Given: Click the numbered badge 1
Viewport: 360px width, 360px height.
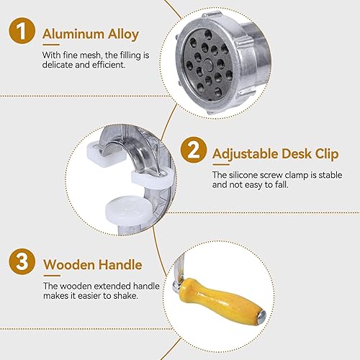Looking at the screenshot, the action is (x=22, y=30).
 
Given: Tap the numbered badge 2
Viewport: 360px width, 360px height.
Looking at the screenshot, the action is (x=194, y=150).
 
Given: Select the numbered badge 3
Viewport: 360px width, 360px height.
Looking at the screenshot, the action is (x=22, y=261).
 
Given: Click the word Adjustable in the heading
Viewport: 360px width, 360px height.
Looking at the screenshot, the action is (x=245, y=154).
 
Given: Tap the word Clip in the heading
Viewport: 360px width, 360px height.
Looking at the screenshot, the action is (x=327, y=154).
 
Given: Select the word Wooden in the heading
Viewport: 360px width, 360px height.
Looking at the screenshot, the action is (x=69, y=265).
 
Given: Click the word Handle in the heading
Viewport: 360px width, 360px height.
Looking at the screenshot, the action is (x=120, y=264).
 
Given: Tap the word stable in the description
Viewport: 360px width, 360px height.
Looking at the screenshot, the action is (x=330, y=175).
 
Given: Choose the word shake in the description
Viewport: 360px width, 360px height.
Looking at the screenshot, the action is (x=126, y=296).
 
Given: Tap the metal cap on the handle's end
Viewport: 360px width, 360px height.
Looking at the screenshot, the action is (x=262, y=315).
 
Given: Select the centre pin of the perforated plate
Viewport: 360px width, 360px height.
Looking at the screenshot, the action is (x=208, y=65).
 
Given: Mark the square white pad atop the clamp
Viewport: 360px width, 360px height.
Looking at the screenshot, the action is (x=107, y=154).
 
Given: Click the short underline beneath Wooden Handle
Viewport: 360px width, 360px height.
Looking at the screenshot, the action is (x=52, y=276).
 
